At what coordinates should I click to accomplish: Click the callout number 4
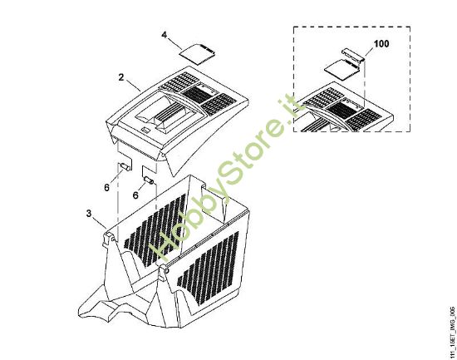click(165, 35)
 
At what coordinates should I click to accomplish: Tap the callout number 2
click(121, 77)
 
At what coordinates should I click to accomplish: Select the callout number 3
click(89, 214)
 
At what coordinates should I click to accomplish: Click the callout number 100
click(381, 44)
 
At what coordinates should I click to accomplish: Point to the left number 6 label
click(106, 188)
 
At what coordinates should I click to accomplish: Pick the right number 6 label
click(135, 195)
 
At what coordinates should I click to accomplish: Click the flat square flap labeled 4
click(198, 52)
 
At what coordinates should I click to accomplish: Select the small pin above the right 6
click(149, 180)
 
